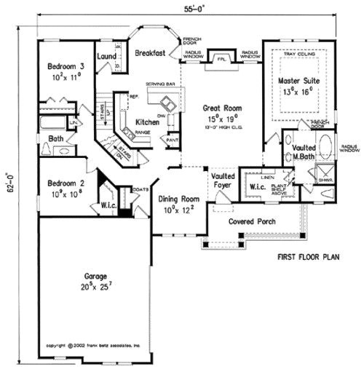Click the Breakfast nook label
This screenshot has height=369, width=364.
(x=150, y=52)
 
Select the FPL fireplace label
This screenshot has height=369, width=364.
(x=219, y=58)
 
